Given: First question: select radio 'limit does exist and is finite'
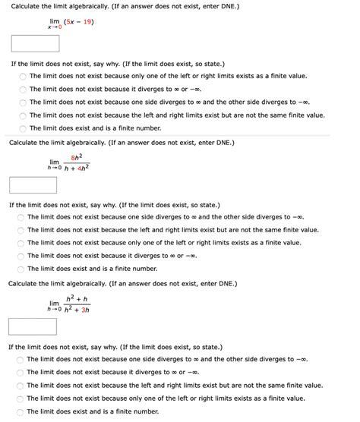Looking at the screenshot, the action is coord(23,128).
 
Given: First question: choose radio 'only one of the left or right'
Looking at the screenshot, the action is coord(23,76).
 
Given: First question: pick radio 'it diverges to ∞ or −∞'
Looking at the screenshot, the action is coord(23,89).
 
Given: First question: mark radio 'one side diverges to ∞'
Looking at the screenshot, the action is coord(23,102).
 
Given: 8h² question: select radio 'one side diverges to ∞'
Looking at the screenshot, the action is coord(21,217).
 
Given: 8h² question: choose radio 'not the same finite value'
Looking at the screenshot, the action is coord(21,230).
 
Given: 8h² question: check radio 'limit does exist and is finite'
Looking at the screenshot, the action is coord(21,269).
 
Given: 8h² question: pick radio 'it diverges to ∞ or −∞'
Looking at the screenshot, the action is coord(21,256).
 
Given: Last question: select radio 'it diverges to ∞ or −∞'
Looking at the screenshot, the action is coord(21,372).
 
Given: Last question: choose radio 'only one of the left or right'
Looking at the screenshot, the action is coord(21,398).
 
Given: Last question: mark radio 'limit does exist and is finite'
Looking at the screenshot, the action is coord(21,411).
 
